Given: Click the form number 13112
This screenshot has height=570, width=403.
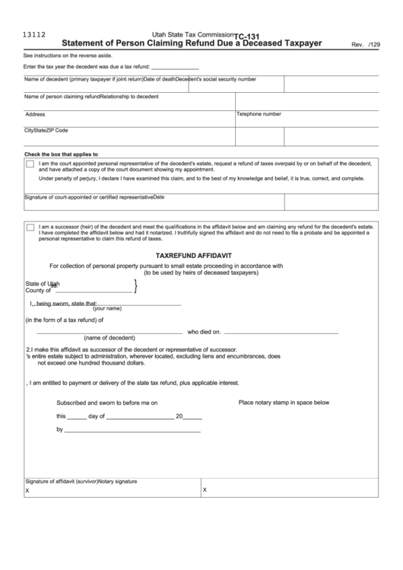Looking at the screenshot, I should [34, 34].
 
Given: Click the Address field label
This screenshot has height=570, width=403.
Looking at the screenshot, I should [35, 114].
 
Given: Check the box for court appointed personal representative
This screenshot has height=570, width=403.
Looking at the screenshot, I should [30, 164].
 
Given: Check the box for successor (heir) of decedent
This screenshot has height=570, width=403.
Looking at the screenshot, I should [30, 227].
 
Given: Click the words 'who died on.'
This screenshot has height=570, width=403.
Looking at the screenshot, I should [205, 332].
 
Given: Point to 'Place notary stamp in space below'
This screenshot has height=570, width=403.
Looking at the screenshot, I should [284, 402].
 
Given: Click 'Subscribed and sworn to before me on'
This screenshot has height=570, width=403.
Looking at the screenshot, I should [107, 402].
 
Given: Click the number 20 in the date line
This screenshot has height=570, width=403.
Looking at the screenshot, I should [179, 416].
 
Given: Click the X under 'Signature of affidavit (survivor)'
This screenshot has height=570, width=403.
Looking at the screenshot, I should [27, 491].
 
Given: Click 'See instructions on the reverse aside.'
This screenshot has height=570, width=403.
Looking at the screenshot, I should [68, 56].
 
